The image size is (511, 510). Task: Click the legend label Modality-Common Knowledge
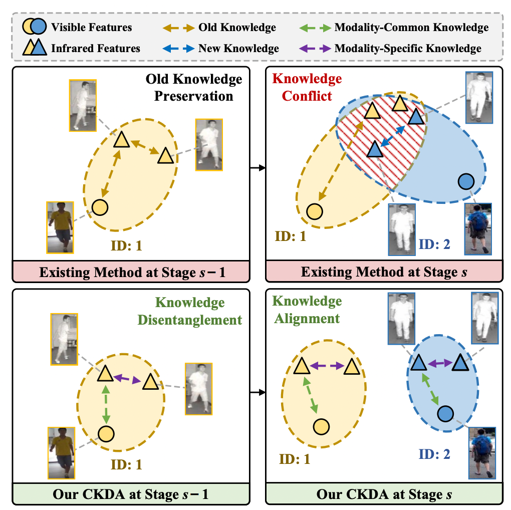[411, 27]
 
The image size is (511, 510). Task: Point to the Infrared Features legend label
[95, 49]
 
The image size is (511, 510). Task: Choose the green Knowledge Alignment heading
[307, 310]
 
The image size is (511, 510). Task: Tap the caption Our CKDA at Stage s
[384, 494]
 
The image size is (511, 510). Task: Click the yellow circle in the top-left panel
[100, 206]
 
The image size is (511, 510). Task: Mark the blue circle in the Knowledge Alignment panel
[445, 414]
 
